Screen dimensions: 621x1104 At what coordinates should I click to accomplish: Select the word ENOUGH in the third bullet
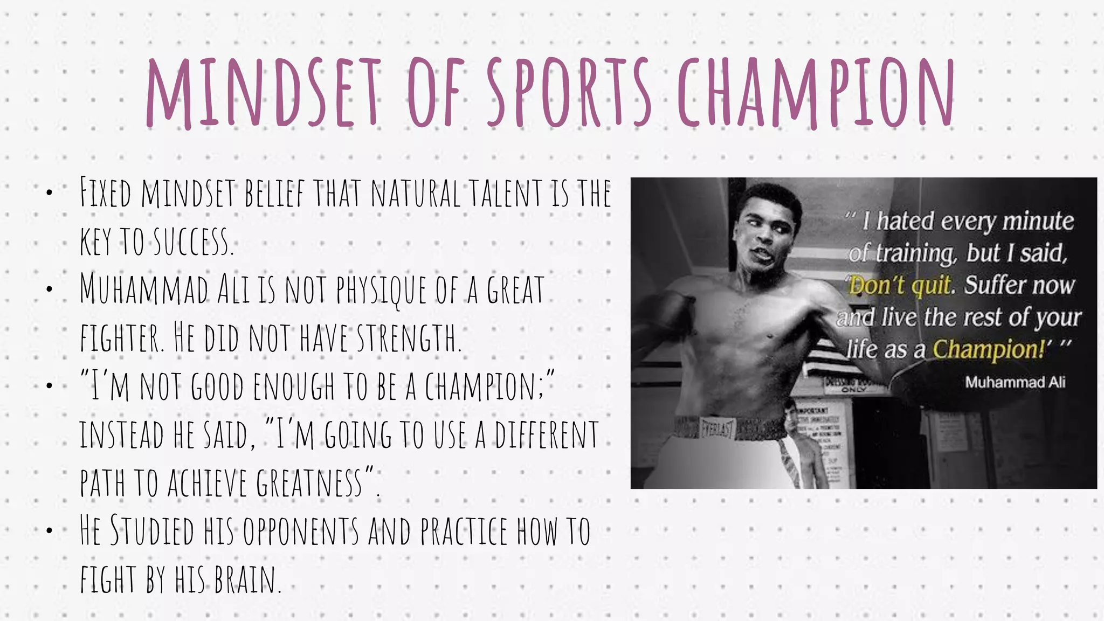293,387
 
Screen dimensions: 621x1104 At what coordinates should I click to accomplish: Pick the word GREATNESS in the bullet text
309,482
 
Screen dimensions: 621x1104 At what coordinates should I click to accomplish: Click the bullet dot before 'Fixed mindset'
49,192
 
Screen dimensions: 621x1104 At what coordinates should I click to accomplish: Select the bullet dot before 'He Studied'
49,531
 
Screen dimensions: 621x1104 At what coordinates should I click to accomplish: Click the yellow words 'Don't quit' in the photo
899,285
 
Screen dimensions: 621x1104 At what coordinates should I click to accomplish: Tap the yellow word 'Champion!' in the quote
989,349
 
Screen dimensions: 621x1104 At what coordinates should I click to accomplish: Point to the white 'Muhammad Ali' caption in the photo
1015,382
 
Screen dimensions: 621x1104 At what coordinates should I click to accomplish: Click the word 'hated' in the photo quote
906,221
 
